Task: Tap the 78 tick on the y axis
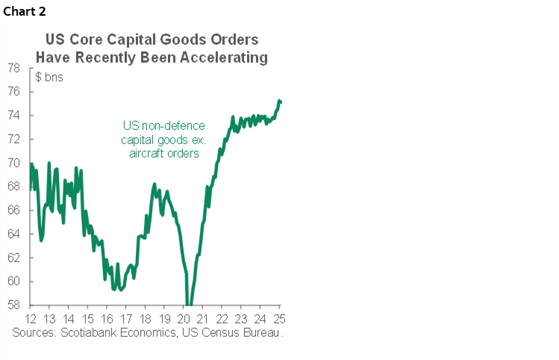click(13, 68)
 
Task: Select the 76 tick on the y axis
click(13, 92)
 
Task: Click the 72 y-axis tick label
click(13, 139)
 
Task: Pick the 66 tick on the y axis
click(13, 211)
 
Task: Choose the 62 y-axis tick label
click(13, 258)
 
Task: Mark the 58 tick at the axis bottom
click(13, 305)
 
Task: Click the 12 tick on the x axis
click(31, 317)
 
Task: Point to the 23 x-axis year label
click(241, 317)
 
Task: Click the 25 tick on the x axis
click(279, 317)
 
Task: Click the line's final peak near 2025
click(279, 100)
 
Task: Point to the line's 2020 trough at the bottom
click(189, 304)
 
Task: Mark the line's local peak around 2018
click(154, 184)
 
